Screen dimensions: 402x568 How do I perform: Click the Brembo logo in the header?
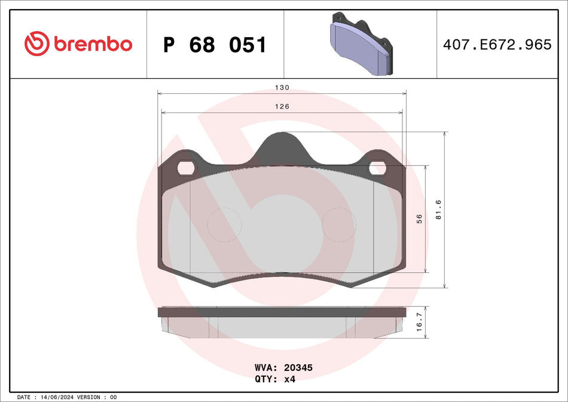(78, 44)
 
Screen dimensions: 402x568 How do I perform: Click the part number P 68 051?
(215, 45)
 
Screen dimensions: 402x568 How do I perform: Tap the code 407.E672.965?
(497, 44)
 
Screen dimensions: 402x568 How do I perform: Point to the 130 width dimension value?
(282, 87)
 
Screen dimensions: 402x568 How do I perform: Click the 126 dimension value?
(282, 106)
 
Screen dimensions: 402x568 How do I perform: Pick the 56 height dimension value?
(419, 219)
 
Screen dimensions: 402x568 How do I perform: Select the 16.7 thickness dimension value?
(419, 324)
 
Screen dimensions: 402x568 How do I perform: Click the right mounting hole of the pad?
(377, 169)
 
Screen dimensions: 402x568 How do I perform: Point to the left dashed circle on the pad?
(224, 225)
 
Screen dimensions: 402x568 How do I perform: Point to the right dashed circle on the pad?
(339, 225)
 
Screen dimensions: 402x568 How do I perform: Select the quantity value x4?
(289, 379)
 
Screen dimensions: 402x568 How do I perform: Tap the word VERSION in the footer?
(88, 397)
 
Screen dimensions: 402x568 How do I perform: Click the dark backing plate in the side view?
(281, 312)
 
